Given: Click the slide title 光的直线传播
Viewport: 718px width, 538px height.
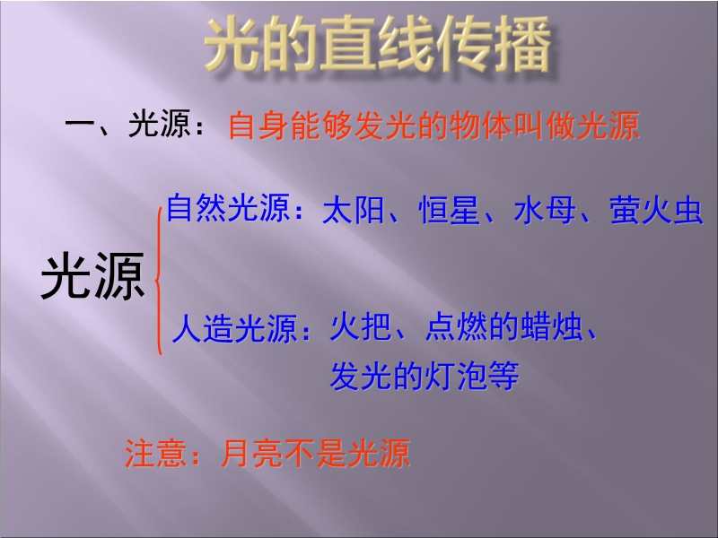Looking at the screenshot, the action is [377, 44].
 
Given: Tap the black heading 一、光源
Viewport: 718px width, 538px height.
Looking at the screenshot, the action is [127, 124].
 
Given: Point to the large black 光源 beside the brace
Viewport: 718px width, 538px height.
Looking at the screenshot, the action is [93, 277].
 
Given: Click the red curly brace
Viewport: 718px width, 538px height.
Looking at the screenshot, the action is [159, 280].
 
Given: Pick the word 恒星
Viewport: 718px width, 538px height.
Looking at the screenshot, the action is [450, 211].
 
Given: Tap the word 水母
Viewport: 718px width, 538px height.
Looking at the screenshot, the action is [545, 211].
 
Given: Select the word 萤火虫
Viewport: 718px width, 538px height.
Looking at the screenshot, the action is [656, 211].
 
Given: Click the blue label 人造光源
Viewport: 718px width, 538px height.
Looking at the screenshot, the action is [234, 328].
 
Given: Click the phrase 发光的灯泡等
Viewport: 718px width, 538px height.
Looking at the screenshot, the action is [425, 376].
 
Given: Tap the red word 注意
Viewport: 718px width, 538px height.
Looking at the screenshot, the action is [155, 454].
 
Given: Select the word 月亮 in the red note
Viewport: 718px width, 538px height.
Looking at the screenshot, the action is [251, 454].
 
